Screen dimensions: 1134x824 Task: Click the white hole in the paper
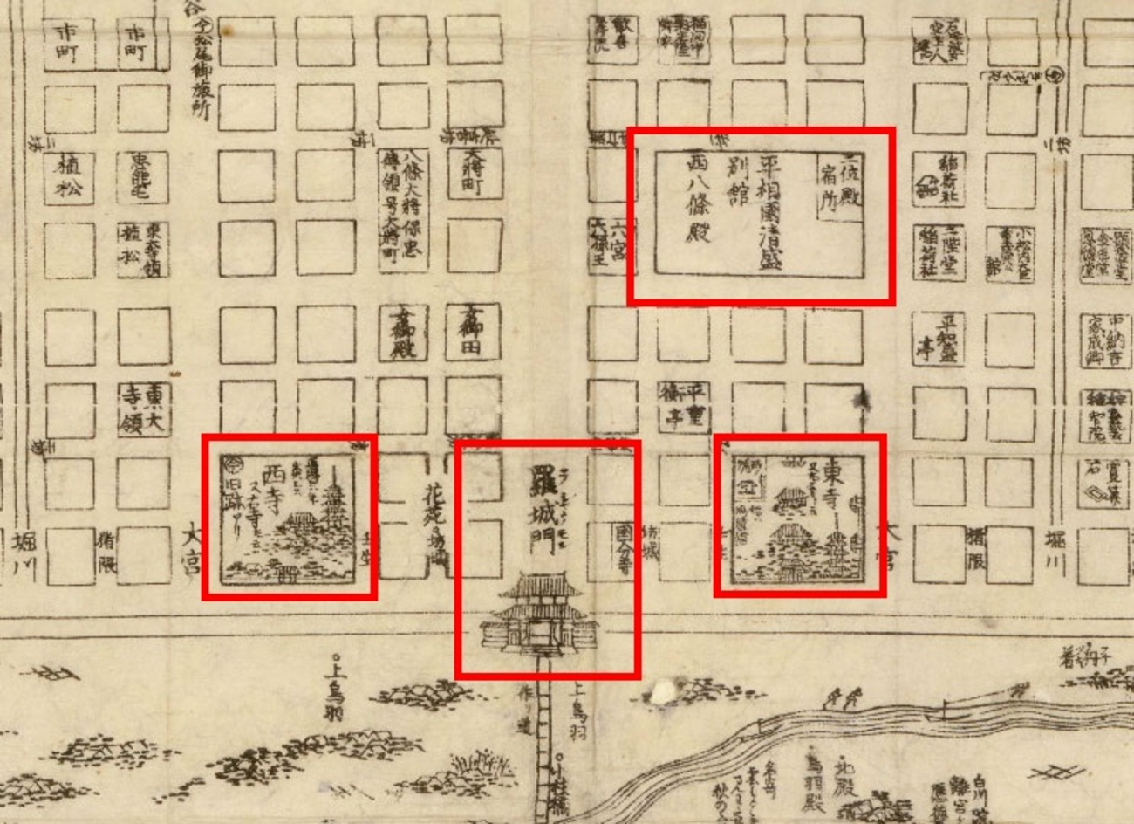coord(664,693)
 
